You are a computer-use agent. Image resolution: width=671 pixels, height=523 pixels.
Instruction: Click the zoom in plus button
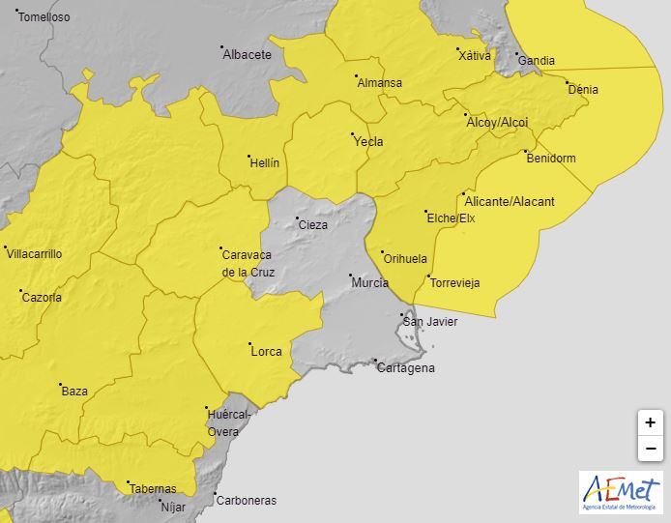pos(650,422)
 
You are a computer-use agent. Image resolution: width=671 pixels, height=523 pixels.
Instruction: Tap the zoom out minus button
pos(650,449)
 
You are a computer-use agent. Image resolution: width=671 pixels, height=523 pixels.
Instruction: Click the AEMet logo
pos(620,492)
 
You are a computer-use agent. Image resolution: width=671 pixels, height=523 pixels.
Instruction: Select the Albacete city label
pos(247,55)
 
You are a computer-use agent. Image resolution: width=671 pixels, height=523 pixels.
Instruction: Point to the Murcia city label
pos(370,283)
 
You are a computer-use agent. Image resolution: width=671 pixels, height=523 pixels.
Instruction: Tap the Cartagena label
pos(405,368)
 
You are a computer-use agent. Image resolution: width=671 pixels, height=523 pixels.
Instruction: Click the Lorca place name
pos(266,352)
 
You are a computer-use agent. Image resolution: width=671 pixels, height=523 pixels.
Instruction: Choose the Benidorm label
pos(551,159)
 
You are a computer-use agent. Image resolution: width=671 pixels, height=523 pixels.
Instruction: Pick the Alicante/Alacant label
pos(510,202)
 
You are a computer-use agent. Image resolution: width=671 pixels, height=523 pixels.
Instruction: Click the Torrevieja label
pos(454,283)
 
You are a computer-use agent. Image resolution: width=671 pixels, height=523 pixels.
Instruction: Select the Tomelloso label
pos(44,17)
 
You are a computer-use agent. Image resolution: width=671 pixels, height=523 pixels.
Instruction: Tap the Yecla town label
pos(368,142)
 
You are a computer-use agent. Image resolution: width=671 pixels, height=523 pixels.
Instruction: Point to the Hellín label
pos(263,163)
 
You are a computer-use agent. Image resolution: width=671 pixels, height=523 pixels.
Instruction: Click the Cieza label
pos(312,225)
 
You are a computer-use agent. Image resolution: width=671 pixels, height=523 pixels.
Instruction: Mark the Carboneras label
pos(247,501)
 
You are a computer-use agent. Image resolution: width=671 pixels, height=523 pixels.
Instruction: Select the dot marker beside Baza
pos(60,384)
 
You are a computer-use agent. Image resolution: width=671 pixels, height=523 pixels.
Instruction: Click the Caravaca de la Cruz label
pos(248,264)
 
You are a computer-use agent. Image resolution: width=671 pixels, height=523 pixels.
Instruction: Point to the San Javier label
pos(430,322)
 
